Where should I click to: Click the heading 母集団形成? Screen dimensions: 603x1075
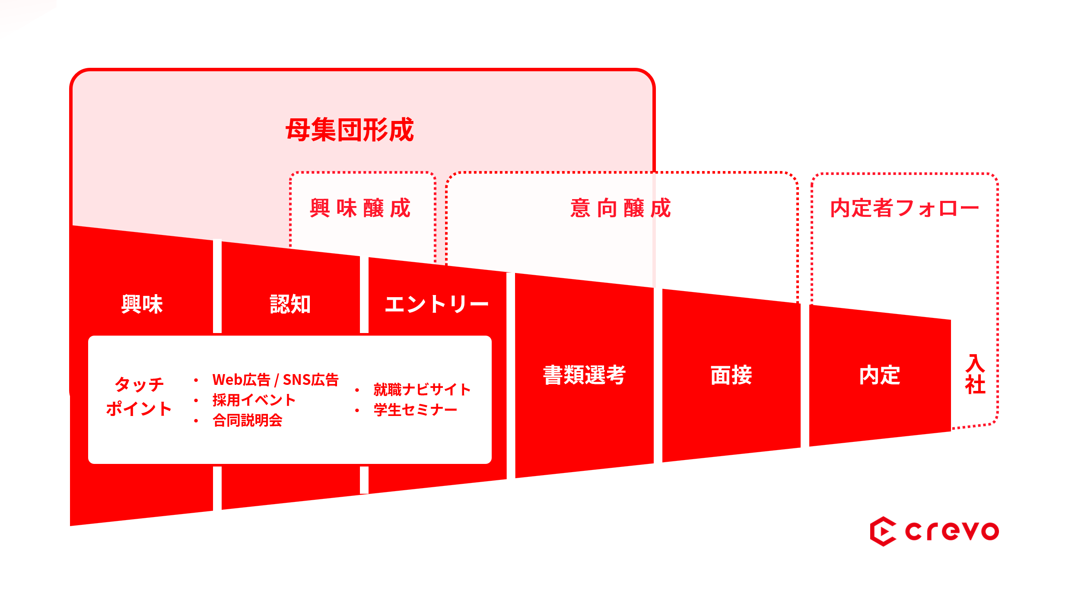click(x=350, y=130)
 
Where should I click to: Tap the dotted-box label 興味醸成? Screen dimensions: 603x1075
click(x=360, y=208)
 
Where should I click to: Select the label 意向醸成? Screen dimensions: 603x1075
click(x=620, y=208)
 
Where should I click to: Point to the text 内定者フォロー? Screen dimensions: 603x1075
click(x=904, y=208)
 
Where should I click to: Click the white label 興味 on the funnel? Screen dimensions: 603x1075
click(x=142, y=304)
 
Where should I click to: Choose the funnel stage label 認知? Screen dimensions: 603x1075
click(x=290, y=304)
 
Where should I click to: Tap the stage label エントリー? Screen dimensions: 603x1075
click(x=436, y=304)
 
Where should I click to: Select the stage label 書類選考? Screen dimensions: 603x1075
click(x=584, y=375)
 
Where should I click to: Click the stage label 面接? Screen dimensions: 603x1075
click(x=731, y=375)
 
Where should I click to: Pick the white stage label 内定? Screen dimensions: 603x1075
click(x=879, y=375)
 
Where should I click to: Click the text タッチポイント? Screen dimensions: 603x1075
click(x=139, y=397)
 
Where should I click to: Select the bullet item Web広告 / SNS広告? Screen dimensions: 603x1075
click(x=275, y=380)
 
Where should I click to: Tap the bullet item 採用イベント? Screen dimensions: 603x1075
click(x=254, y=400)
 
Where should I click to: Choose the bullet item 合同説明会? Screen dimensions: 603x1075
click(x=247, y=420)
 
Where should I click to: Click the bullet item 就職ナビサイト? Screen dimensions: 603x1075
click(x=422, y=390)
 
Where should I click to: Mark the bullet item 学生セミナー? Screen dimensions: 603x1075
click(x=415, y=410)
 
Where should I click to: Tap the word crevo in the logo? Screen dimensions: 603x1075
click(x=952, y=531)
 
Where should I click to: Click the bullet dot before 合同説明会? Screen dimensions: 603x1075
click(x=196, y=421)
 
